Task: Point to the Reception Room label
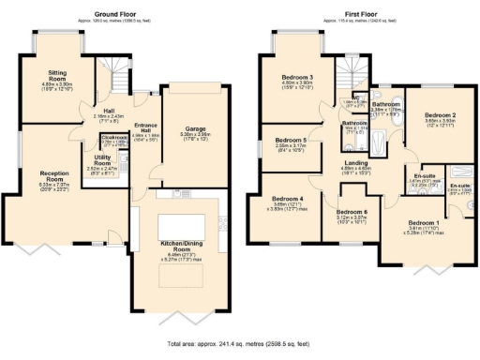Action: (59, 174)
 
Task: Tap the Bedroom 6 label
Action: (352, 213)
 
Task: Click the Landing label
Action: (357, 163)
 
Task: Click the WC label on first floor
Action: (357, 97)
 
